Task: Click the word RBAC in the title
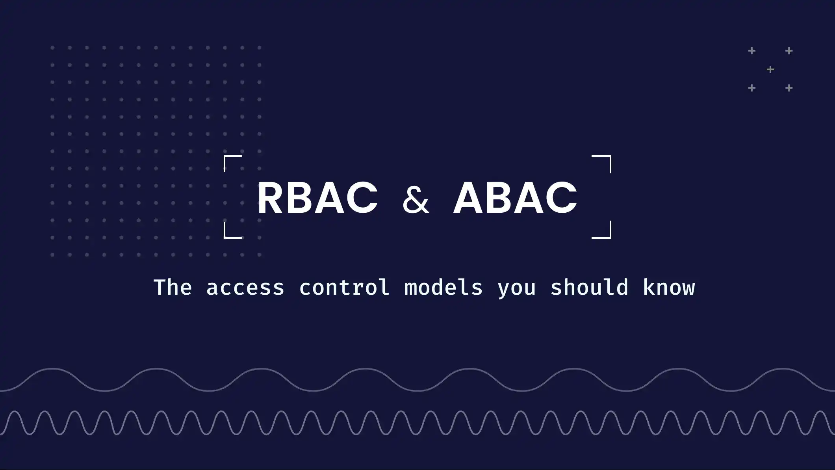pyautogui.click(x=317, y=198)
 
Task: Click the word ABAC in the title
pyautogui.click(x=515, y=198)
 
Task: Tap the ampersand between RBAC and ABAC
pyautogui.click(x=416, y=200)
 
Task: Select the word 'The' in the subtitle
pyautogui.click(x=173, y=287)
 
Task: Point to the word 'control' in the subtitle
pyautogui.click(x=344, y=287)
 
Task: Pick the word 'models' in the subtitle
pyautogui.click(x=443, y=287)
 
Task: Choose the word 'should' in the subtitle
pyautogui.click(x=589, y=287)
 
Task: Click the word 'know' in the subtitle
pyautogui.click(x=669, y=287)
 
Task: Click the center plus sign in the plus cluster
pyautogui.click(x=770, y=70)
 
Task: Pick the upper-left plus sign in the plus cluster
pyautogui.click(x=752, y=51)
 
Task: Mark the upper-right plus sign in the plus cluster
pyautogui.click(x=789, y=51)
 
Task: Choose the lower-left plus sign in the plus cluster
pyautogui.click(x=752, y=88)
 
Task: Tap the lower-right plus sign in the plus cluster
pyautogui.click(x=789, y=88)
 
